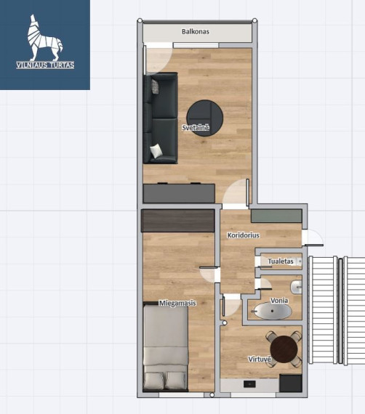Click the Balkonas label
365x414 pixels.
coord(196,32)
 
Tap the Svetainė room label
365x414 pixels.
coord(196,128)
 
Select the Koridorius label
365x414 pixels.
coord(243,235)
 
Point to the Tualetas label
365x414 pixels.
coord(281,261)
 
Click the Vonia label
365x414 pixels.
coord(279,301)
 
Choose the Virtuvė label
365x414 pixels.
coord(260,359)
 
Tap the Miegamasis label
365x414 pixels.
coord(177,303)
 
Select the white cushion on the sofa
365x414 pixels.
coord(156,151)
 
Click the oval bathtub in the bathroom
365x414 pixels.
coord(273,311)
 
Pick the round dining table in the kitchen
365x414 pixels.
coord(284,349)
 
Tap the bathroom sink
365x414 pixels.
coord(296,287)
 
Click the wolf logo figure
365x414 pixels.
coord(45,38)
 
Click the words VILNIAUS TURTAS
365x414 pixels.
coord(45,65)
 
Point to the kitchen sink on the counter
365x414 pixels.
coord(249,383)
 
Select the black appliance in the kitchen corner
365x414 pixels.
coord(291,383)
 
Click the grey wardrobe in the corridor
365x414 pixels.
coord(276,216)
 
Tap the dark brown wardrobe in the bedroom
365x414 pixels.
coord(178,221)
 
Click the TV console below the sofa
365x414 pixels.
coord(179,193)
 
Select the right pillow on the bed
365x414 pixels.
coord(176,381)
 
